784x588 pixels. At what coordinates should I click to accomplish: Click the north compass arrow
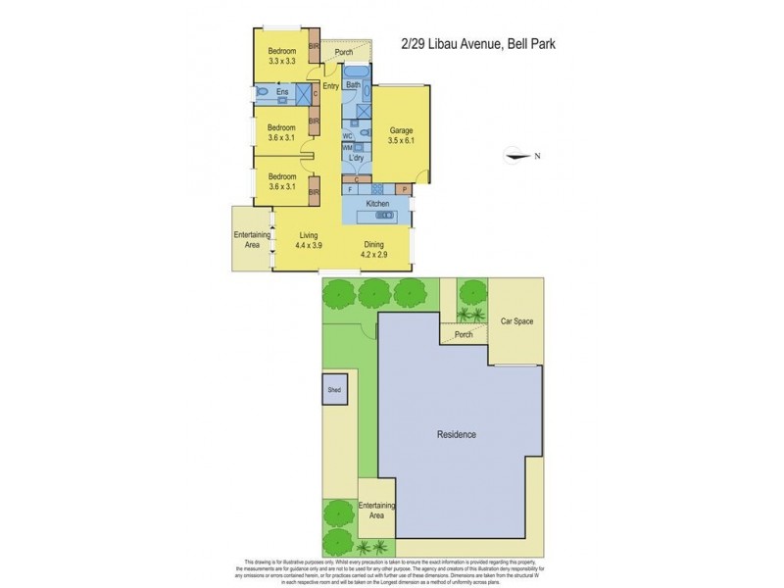coord(513,154)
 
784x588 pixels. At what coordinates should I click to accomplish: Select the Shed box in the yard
coord(335,390)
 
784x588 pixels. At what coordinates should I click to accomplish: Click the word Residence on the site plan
coord(456,434)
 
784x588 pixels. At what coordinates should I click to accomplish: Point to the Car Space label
coord(515,320)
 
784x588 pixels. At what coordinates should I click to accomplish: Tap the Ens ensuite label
coord(282,93)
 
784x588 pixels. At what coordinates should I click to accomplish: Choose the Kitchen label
coord(378,203)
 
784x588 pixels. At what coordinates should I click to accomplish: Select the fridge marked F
coord(350,187)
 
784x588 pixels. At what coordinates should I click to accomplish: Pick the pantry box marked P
coord(405,187)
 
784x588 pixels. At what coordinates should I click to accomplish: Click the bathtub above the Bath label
coord(355,73)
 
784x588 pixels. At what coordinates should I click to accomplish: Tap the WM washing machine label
coord(347,146)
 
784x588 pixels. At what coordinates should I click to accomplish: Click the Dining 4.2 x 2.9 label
coord(373,250)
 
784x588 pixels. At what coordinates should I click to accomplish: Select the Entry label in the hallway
coord(330,86)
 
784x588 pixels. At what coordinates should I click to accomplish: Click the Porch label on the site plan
coord(464,335)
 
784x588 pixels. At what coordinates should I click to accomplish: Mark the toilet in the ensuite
coord(264,93)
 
